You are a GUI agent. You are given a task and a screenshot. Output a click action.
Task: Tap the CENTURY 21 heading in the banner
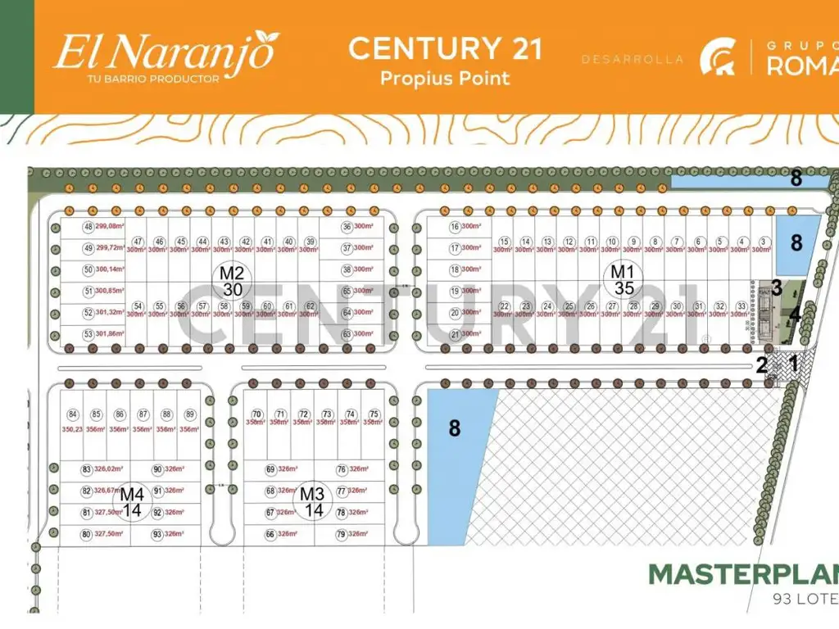445,48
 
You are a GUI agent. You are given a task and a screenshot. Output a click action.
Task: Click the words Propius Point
445,79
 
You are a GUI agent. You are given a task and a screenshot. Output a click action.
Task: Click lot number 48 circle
88,227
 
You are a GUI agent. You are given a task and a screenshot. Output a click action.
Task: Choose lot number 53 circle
88,334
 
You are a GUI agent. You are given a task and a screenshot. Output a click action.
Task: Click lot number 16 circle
455,227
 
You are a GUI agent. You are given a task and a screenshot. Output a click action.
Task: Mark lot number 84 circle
73,414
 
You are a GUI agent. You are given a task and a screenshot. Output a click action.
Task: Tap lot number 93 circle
157,534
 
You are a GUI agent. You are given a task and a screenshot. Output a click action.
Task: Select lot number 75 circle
374,414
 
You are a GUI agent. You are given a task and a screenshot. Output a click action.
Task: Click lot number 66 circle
270,534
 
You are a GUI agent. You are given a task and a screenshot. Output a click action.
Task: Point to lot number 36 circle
347,227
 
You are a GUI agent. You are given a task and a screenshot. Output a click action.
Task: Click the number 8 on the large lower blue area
454,428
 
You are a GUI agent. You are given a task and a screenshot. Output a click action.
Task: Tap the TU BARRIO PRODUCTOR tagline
152,79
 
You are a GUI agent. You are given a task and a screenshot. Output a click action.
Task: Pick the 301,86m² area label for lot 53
110,334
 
